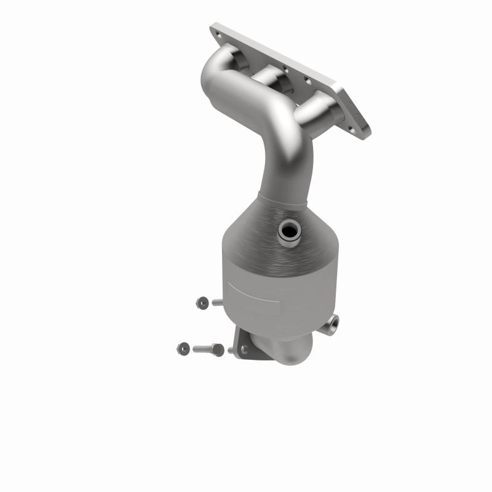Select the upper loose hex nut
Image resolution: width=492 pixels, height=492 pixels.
pyautogui.click(x=202, y=302)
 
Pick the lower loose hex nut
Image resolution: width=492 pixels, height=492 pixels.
pyautogui.click(x=183, y=348)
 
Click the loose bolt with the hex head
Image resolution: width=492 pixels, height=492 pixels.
pyautogui.click(x=208, y=349)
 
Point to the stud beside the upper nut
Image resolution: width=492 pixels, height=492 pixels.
pyautogui.click(x=218, y=302)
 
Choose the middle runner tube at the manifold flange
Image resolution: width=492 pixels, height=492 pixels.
pyautogui.click(x=271, y=80)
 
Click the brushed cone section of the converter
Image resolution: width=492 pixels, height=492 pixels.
pyautogui.click(x=258, y=234)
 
